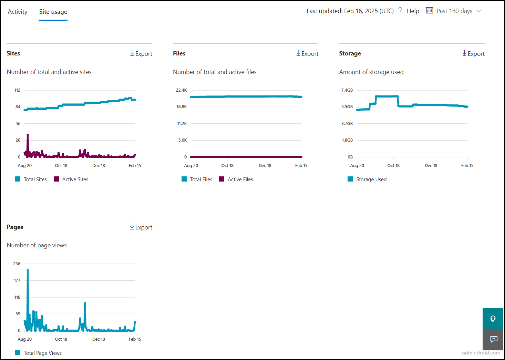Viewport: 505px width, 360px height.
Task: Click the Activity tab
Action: click(x=18, y=12)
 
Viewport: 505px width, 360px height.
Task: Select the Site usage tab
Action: click(x=53, y=12)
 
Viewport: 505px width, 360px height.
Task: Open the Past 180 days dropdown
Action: click(x=454, y=11)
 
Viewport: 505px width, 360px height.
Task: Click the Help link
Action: click(x=413, y=11)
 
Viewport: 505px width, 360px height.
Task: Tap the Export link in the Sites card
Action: click(x=141, y=53)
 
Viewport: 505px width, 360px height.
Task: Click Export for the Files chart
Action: click(x=307, y=53)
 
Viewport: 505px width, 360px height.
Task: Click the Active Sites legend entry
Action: click(x=75, y=179)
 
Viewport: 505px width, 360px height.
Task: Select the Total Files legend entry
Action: click(x=201, y=179)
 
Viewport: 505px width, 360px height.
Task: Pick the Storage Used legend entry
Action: click(x=371, y=179)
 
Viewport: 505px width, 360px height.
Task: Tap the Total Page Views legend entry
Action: click(x=42, y=353)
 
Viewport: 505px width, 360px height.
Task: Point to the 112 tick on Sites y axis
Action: click(x=18, y=90)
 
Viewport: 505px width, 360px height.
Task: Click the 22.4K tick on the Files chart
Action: click(x=181, y=90)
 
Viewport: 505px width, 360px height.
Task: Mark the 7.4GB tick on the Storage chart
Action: click(x=347, y=90)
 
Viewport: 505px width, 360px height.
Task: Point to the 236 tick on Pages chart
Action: click(x=17, y=264)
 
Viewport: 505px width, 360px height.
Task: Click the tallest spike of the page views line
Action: click(x=28, y=270)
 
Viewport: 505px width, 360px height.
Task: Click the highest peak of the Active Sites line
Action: click(x=28, y=135)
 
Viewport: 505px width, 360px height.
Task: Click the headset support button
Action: click(x=493, y=318)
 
